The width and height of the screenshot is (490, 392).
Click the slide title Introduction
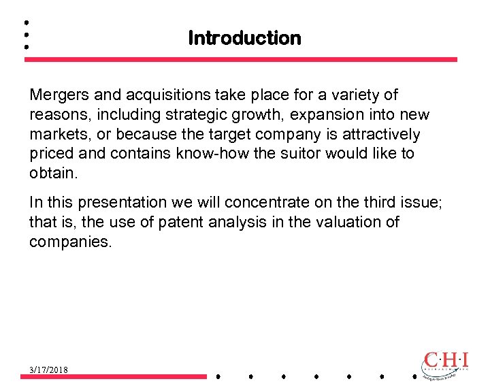[244, 38]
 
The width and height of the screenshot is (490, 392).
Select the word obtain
[53, 174]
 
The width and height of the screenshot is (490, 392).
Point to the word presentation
[122, 203]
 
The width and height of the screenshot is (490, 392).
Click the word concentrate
[262, 203]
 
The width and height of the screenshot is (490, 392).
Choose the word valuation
[347, 223]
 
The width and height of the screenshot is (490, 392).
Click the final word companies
[69, 242]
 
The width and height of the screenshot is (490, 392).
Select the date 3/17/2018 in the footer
[48, 370]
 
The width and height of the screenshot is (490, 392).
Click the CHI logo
[446, 363]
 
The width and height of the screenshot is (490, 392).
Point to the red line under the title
[241, 60]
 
